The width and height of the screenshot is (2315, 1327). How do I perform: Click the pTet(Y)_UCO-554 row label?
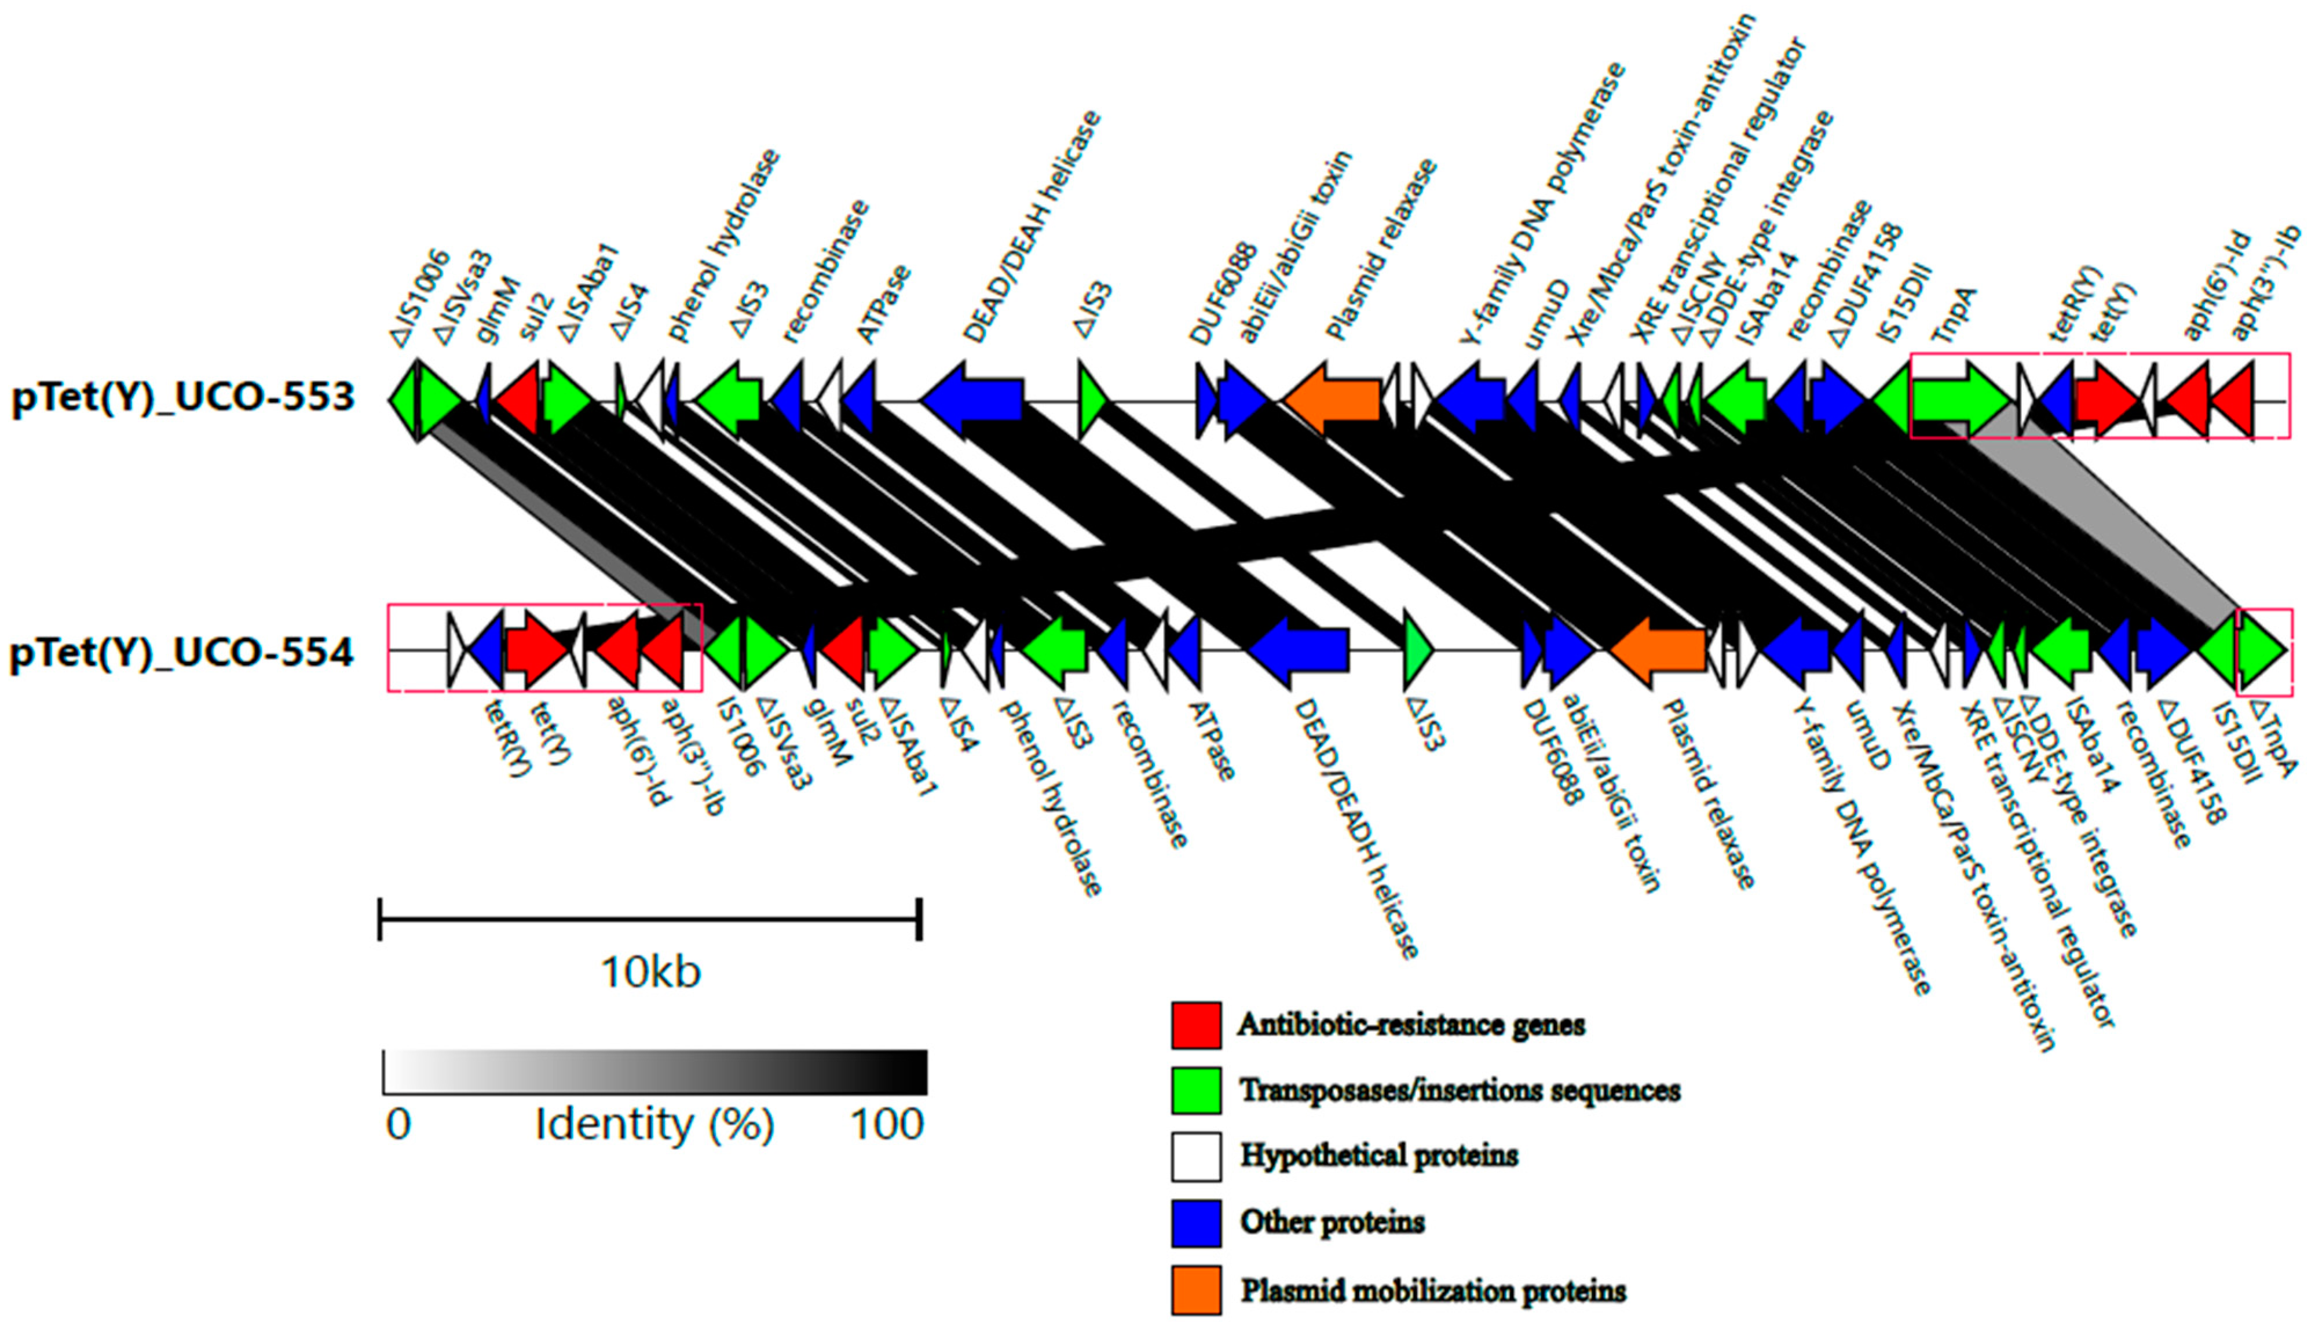[182, 653]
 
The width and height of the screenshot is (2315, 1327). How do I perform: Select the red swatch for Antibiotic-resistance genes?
[1195, 1025]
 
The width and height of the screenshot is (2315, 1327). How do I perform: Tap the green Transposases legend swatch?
[1195, 1090]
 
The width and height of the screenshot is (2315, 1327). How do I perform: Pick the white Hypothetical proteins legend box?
[1195, 1156]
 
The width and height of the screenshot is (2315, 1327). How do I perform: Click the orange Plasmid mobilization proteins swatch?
[1195, 1289]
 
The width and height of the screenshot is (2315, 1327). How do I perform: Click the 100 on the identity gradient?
[887, 1124]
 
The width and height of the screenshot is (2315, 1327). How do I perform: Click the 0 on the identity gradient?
[398, 1124]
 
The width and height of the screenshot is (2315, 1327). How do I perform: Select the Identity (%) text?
[654, 1124]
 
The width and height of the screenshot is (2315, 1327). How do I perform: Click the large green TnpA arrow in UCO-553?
[1959, 399]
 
